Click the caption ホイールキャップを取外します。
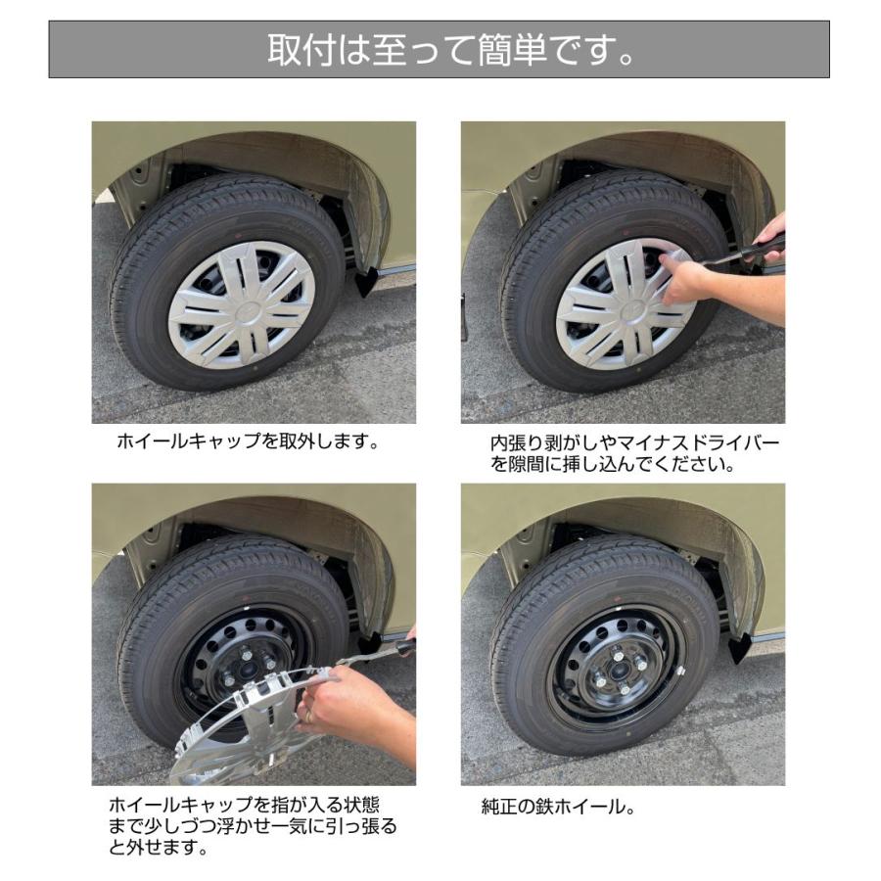[248, 441]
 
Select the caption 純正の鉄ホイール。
[559, 808]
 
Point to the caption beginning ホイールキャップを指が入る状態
[253, 826]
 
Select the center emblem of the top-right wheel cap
[624, 304]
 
